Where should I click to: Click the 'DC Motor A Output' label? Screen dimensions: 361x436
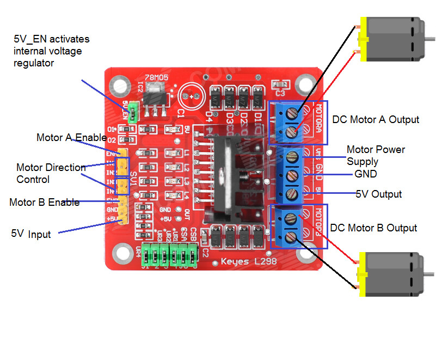[376, 120]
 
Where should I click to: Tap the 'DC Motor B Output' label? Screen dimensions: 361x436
[373, 228]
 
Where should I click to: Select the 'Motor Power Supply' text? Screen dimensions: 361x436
[376, 155]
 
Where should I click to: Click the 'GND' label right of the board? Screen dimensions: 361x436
[365, 175]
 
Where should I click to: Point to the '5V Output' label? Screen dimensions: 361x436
[378, 194]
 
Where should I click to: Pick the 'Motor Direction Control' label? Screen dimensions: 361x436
[51, 173]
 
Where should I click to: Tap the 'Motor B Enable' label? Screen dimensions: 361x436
[45, 203]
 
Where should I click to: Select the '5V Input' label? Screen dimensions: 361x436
[31, 234]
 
